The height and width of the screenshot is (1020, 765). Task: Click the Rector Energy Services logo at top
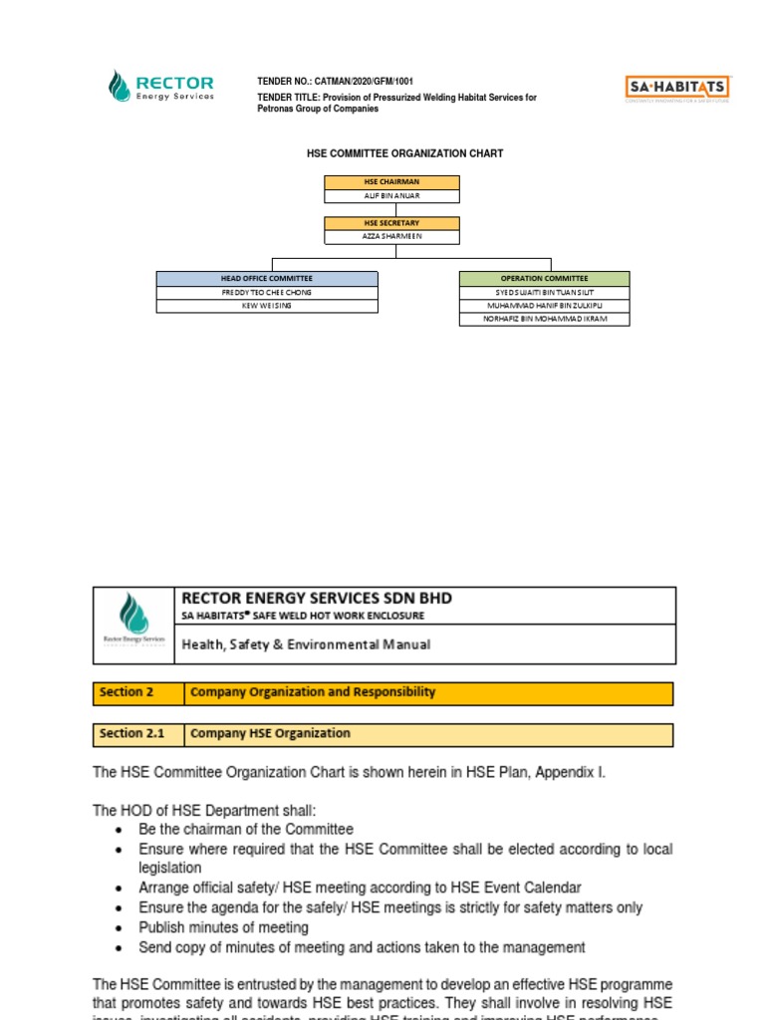[160, 86]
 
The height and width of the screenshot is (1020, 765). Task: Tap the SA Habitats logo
[677, 88]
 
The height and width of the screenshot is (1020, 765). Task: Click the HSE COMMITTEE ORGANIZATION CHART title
[403, 153]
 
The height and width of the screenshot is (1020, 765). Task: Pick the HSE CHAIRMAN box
[391, 182]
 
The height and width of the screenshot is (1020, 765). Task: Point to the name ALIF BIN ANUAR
[391, 196]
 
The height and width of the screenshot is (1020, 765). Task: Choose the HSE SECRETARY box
[391, 224]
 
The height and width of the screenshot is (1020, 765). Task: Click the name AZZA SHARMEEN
[391, 238]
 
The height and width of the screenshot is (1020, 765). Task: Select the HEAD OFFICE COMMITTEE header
[267, 279]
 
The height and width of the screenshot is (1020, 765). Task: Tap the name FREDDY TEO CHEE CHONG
[267, 293]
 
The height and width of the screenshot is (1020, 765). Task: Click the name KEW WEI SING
[267, 306]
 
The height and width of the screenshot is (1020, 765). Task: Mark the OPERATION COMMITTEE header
[544, 279]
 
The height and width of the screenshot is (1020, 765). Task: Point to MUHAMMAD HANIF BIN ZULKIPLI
[544, 306]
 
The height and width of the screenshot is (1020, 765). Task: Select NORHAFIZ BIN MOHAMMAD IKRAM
[544, 319]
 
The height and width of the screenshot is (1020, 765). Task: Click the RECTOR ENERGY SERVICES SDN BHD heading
[316, 598]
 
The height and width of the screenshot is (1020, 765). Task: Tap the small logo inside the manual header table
[133, 625]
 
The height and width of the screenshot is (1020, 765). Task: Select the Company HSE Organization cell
[271, 734]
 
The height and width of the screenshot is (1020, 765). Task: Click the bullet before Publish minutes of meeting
[120, 928]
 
